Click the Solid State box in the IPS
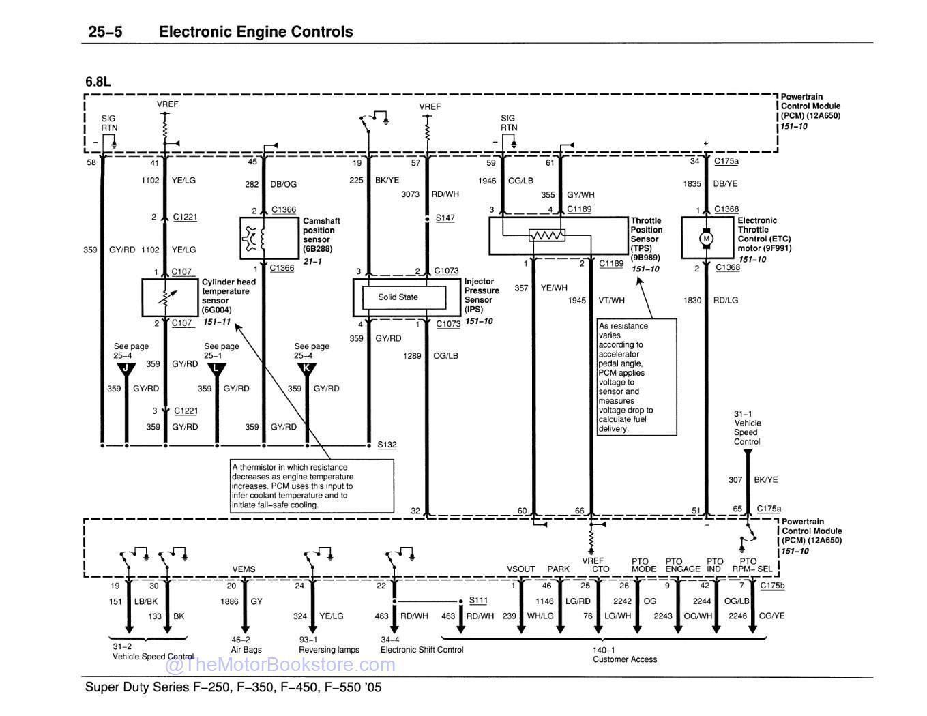(x=398, y=297)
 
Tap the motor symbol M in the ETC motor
(x=706, y=239)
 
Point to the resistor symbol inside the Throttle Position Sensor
(x=547, y=236)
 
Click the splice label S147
(x=445, y=218)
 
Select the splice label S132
(x=387, y=445)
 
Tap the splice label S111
(x=478, y=600)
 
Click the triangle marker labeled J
(x=126, y=369)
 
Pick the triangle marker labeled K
(x=307, y=369)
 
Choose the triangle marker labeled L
(x=216, y=369)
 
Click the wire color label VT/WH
(x=611, y=300)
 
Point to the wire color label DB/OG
(x=284, y=184)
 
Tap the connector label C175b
(x=772, y=586)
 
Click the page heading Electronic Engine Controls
(x=256, y=31)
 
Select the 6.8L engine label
(x=98, y=82)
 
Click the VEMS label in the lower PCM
(x=244, y=569)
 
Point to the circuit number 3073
(x=410, y=194)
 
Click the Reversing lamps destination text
(x=329, y=650)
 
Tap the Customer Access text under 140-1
(x=625, y=659)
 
